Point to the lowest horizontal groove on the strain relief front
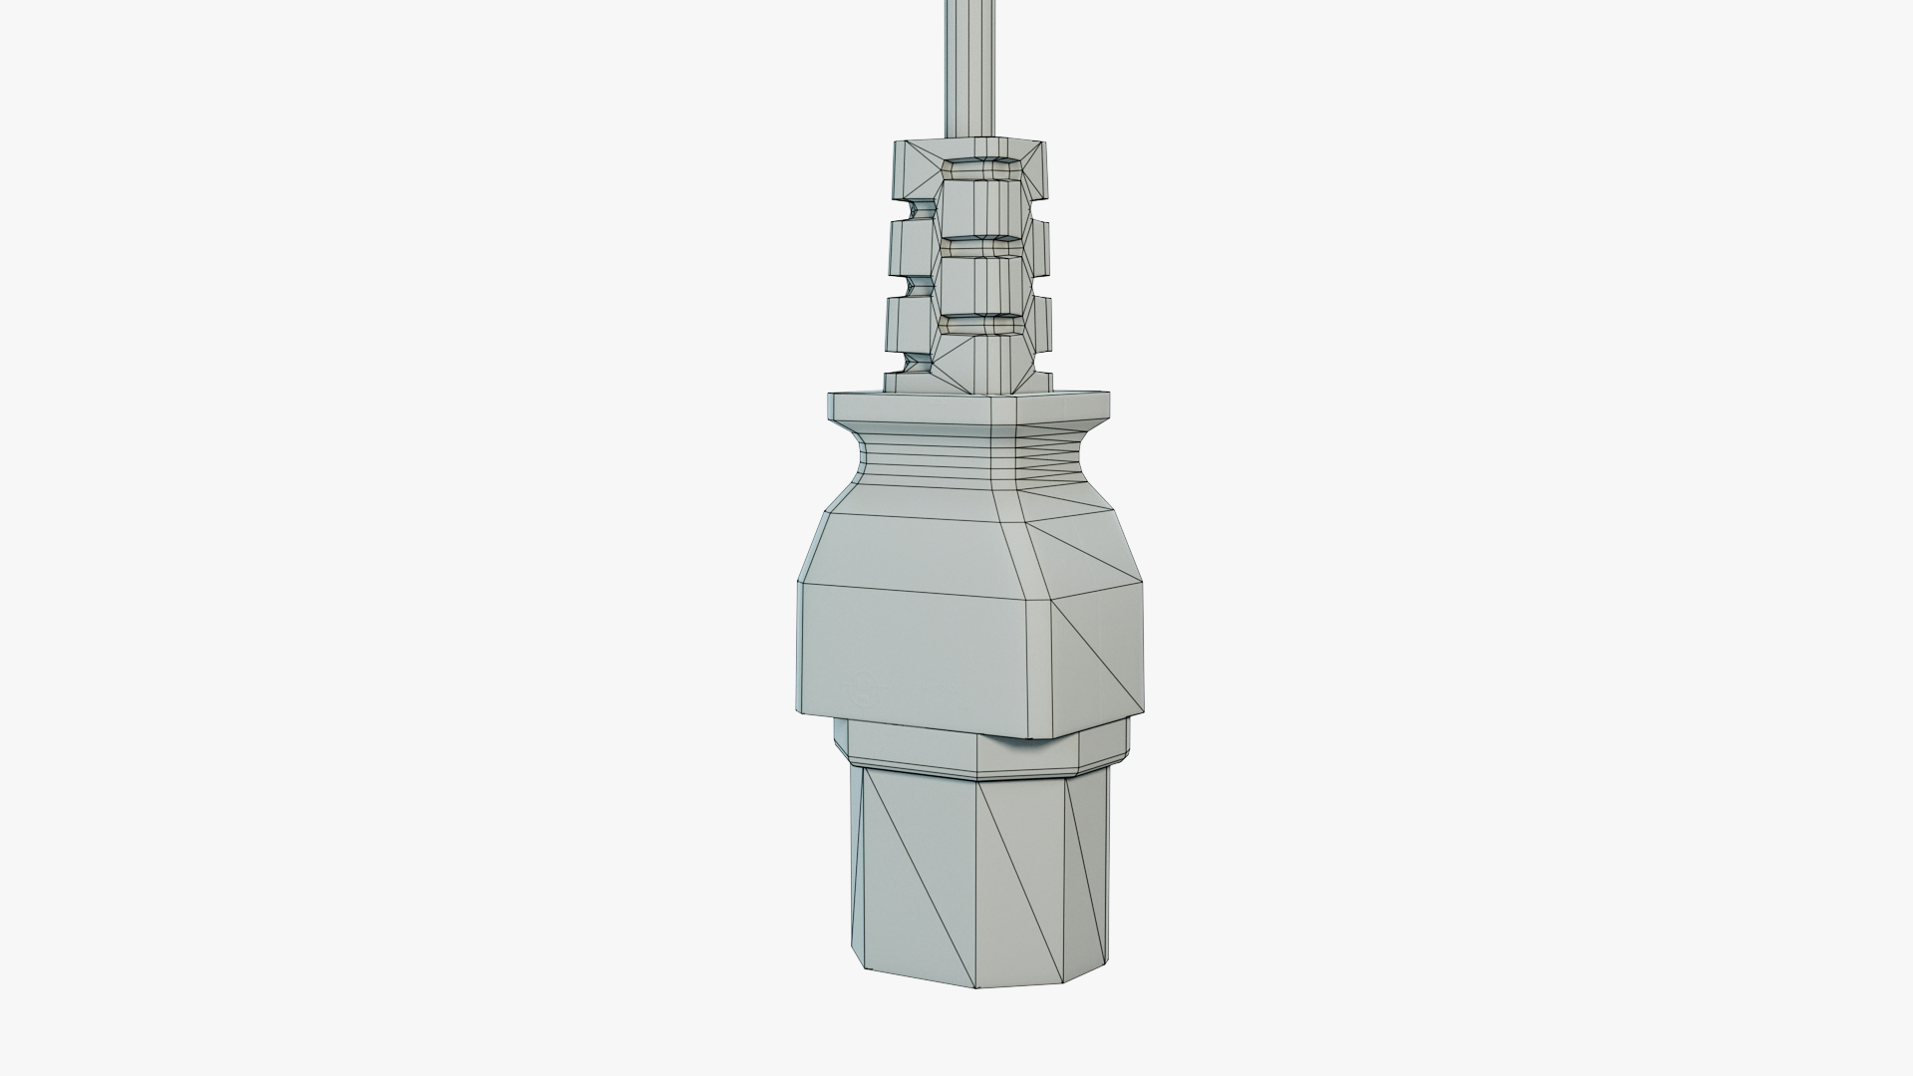981,326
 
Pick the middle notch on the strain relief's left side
915,287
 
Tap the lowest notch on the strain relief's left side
915,364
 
